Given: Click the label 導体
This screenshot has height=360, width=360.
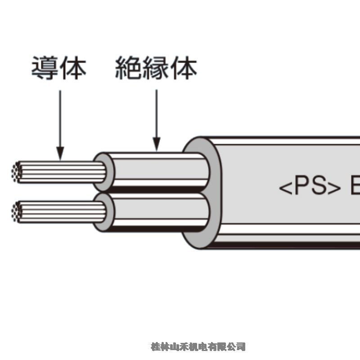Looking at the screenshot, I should point(58,68).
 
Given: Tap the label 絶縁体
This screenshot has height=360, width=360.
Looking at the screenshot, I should point(156,68).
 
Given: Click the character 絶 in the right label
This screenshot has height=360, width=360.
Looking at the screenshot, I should point(128,68).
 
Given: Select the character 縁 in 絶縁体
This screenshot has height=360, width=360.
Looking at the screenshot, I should point(156,68).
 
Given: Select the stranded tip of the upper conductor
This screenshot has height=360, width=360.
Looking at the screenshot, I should point(17,172).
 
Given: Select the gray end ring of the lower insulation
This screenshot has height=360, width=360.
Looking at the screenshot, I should point(102,212).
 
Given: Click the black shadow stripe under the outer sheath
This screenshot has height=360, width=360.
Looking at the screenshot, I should point(288,244).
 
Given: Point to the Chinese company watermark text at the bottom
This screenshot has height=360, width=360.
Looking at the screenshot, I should point(198,346).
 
